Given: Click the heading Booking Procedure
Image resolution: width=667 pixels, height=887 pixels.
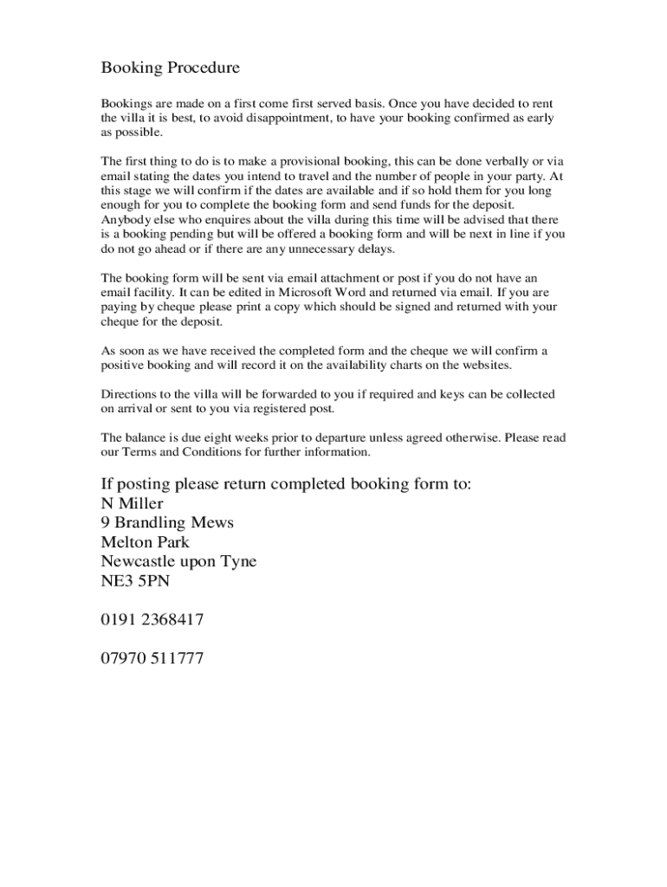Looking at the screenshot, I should [x=170, y=68].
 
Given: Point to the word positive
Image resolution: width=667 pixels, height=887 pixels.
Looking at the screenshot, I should [x=122, y=366].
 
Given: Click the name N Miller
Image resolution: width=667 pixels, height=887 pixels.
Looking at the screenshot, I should [x=133, y=503].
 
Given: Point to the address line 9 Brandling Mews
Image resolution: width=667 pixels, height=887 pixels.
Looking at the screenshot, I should [x=167, y=523].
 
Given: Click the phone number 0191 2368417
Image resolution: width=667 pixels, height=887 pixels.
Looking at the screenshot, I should [x=152, y=620].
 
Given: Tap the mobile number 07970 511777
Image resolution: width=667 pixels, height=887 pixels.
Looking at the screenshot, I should [x=152, y=658].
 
